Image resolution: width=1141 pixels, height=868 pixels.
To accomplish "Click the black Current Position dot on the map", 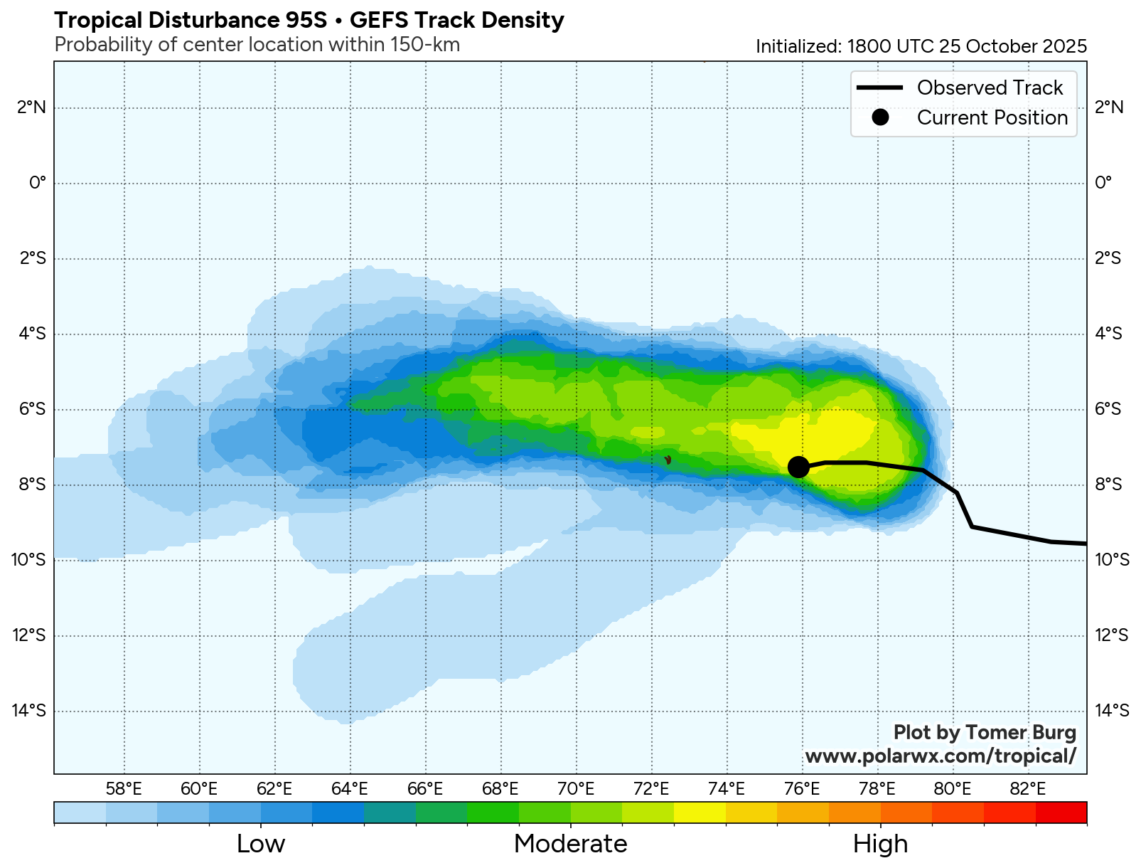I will [798, 467].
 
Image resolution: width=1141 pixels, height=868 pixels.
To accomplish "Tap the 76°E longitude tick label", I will [802, 788].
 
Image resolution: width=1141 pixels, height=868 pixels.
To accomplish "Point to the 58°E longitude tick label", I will [124, 788].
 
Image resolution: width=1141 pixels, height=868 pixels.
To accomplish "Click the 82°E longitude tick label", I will [1028, 788].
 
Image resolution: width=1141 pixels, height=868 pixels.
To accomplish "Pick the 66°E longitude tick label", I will [425, 788].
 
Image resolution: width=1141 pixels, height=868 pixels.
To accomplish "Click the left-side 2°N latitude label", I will [32, 108].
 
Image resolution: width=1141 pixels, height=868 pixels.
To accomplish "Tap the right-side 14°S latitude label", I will [1112, 711].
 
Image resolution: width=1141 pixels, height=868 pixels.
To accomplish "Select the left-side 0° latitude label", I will [37, 184].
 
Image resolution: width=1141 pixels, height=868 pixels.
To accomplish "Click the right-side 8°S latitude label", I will [1108, 485].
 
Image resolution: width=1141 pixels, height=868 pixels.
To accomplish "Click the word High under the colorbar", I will [880, 844].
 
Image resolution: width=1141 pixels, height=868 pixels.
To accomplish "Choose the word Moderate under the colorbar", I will [570, 844].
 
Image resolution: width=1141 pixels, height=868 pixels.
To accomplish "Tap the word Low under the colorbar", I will [260, 844].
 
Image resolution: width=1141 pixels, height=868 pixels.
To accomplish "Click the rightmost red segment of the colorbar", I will [1061, 812].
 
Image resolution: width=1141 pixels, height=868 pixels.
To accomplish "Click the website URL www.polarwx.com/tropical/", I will [941, 756].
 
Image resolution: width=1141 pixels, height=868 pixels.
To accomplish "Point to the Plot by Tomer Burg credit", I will [985, 732].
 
